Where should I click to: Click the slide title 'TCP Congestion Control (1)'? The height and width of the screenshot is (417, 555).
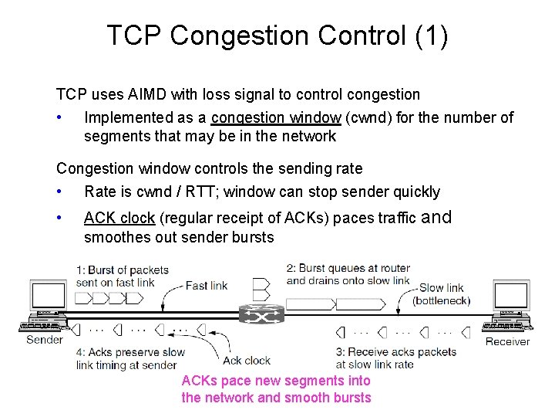click(277, 36)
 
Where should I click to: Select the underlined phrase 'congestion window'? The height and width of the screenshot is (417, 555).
click(275, 117)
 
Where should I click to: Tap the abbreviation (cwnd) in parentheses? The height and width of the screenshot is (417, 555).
click(372, 117)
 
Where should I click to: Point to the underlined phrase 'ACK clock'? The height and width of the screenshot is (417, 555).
click(119, 218)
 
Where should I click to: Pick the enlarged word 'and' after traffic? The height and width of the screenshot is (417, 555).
click(436, 217)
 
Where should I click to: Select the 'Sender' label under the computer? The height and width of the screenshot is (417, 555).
click(45, 340)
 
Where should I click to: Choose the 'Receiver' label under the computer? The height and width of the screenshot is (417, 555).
click(507, 341)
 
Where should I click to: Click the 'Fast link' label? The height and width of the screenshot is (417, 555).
click(207, 286)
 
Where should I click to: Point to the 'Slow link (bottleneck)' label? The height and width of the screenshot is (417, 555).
click(442, 293)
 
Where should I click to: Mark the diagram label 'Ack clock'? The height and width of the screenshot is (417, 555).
click(247, 360)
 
